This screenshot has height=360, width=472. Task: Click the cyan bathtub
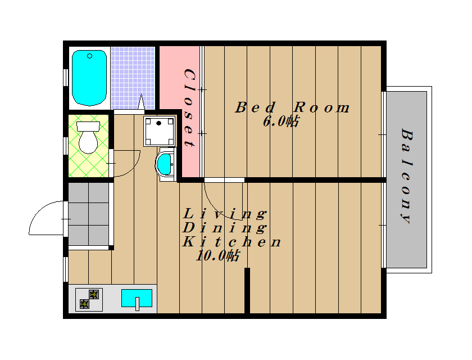[89, 78]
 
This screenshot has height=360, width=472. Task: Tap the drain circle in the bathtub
[89, 56]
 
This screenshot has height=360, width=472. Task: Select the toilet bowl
[88, 142]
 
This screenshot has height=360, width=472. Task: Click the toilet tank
[88, 126]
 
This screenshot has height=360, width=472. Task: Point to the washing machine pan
[159, 131]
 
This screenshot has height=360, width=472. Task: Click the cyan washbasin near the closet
[164, 164]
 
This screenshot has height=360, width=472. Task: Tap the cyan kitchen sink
[137, 298]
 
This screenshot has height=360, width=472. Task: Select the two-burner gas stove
[89, 299]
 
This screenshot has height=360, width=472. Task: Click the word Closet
[190, 108]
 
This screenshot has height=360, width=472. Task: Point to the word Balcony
[407, 176]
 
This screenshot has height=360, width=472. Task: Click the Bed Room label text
[292, 107]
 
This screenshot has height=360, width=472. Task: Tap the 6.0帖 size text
[281, 121]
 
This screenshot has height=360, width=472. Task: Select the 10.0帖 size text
[217, 256]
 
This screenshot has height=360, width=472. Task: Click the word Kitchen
[232, 242]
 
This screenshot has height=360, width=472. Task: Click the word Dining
[225, 228]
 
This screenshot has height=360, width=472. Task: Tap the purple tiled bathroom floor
[133, 78]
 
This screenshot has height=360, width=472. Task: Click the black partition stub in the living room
[247, 290]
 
